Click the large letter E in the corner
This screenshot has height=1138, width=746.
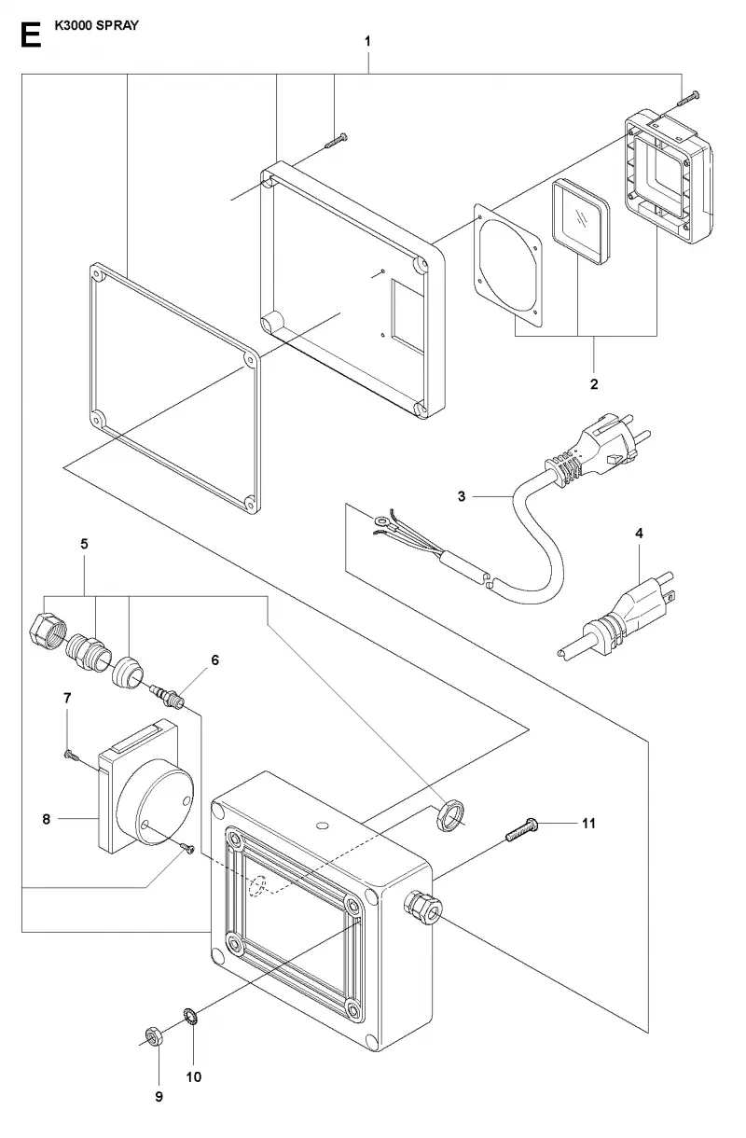(31, 35)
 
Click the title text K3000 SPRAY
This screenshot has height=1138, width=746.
(96, 25)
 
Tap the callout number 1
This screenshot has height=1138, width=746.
(367, 41)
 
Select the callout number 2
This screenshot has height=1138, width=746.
(594, 384)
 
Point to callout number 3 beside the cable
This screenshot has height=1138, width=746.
(461, 496)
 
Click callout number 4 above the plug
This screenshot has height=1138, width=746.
(639, 533)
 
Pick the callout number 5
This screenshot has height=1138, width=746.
(84, 544)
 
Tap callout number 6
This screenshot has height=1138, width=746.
(214, 659)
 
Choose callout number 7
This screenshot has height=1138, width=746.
(67, 698)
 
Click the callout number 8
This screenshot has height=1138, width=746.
(47, 819)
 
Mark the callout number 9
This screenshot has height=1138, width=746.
(159, 1097)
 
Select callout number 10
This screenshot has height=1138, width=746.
(193, 1077)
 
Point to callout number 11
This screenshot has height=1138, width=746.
(588, 823)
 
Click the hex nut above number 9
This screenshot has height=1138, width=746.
(153, 1035)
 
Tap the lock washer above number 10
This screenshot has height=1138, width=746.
(191, 1017)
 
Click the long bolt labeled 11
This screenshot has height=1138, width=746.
(521, 829)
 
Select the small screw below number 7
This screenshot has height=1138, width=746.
(72, 756)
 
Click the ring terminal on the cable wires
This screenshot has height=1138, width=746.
(380, 520)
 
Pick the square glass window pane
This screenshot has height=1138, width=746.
(580, 221)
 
